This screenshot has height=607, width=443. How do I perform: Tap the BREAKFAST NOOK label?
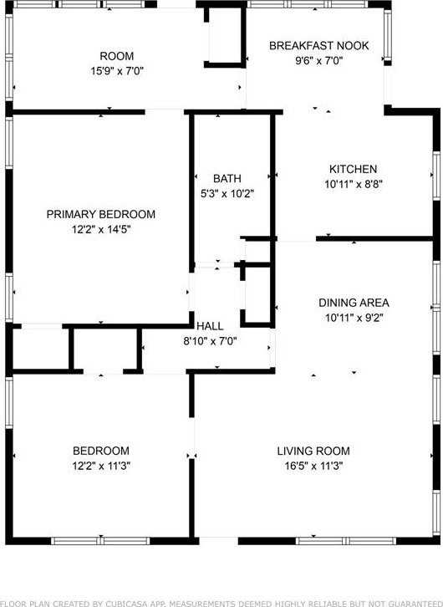pos(318,45)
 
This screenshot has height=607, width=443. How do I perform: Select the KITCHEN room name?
pos(353,169)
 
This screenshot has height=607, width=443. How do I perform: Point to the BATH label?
pos(227,178)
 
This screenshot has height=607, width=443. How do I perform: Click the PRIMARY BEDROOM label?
pos(100,214)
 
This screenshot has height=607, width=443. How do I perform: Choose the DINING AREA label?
pos(354,303)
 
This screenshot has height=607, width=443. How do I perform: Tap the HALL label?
pos(210,325)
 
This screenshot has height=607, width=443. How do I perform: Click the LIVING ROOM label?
pos(313,451)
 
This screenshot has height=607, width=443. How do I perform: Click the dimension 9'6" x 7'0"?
pos(318,60)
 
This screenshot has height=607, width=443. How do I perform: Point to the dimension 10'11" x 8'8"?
pos(353,184)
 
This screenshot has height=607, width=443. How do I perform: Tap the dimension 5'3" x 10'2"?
pos(227,193)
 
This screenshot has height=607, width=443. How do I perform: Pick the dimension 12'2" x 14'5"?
pos(100,229)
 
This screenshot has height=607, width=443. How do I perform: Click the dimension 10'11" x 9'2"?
pos(354,318)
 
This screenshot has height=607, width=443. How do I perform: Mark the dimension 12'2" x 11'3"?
pos(100,466)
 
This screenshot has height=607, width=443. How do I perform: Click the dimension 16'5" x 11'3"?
pos(313,466)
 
